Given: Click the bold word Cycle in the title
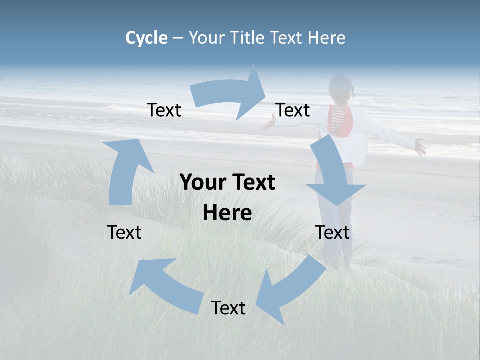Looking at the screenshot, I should pyautogui.click(x=146, y=38).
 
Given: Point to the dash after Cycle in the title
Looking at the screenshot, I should pyautogui.click(x=178, y=38).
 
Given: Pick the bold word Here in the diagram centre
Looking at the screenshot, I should pyautogui.click(x=227, y=213).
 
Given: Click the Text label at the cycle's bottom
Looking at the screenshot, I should pyautogui.click(x=228, y=308).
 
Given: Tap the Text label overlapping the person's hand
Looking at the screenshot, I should pyautogui.click(x=293, y=110).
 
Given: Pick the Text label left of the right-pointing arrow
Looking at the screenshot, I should pyautogui.click(x=164, y=110).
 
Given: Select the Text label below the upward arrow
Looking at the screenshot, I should pyautogui.click(x=124, y=232).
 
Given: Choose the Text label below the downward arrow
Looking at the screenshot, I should pyautogui.click(x=332, y=232).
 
